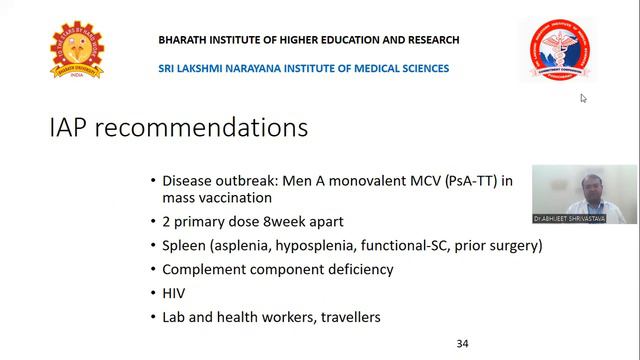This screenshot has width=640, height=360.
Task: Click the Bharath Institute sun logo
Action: (77, 52)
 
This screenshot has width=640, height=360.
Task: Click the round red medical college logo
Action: (558, 50)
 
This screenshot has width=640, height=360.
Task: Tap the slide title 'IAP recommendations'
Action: (179, 129)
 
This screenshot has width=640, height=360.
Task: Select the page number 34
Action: (462, 343)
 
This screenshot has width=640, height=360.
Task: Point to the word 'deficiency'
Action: (362, 269)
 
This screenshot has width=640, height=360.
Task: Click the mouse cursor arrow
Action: (583, 98)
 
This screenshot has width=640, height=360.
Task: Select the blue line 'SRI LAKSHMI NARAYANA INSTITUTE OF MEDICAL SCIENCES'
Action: (304, 68)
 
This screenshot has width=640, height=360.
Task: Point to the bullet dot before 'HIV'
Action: (152, 293)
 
